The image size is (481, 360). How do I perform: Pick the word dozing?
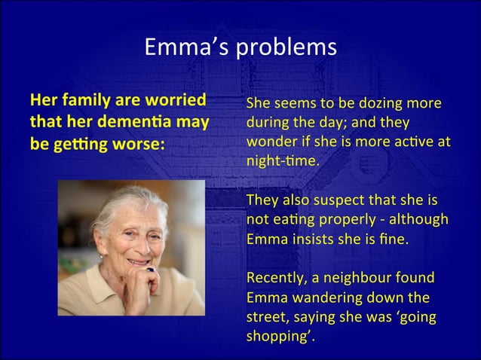(x=378, y=103)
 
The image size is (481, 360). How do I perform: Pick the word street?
(x=265, y=317)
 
